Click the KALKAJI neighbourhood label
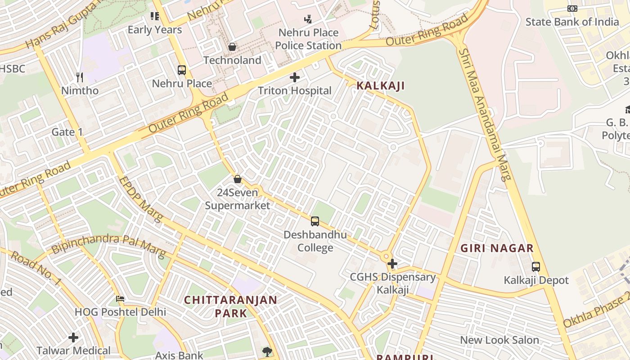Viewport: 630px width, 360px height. [x=381, y=85]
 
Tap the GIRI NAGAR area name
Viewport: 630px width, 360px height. [x=497, y=248]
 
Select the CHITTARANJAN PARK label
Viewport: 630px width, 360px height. [x=231, y=306]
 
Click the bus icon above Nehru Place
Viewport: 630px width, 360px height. [x=182, y=70]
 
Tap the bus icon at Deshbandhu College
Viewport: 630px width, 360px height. [x=315, y=221]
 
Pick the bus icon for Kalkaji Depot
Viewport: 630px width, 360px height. [x=535, y=266]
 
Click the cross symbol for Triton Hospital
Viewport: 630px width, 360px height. [x=295, y=77]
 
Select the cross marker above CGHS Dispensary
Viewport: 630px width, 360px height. [x=392, y=263]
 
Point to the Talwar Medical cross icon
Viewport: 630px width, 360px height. [x=73, y=337]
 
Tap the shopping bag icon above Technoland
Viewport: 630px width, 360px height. [x=232, y=47]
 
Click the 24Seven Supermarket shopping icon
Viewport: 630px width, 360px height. [x=238, y=179]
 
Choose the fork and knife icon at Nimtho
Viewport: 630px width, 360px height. [x=80, y=77]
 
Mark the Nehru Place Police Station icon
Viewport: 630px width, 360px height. [x=308, y=19]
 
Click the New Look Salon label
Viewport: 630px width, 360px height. [x=499, y=340]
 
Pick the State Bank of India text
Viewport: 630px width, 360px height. [x=572, y=22]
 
